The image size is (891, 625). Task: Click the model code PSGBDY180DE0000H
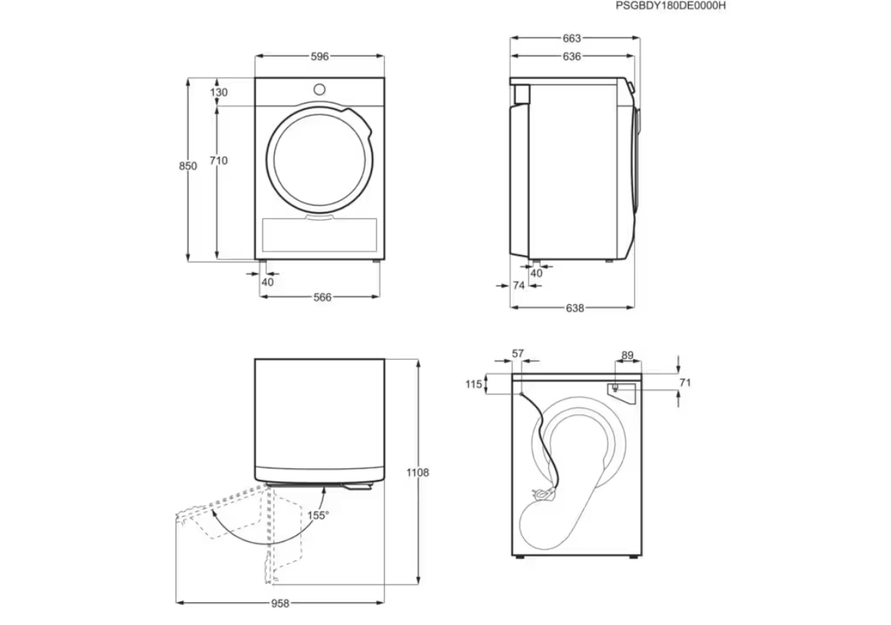[671, 5]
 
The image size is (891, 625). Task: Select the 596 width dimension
[320, 56]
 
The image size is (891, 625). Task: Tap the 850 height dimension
[188, 166]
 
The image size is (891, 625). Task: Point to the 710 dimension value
[219, 160]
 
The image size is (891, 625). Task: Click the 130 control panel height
[219, 92]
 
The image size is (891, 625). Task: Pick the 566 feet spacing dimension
[322, 297]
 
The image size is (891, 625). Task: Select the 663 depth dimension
[572, 38]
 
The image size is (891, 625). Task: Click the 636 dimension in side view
[572, 56]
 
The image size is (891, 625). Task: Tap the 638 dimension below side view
[575, 308]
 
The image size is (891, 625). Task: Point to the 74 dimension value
[518, 285]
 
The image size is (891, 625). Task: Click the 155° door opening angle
[318, 516]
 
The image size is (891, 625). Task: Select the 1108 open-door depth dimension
[417, 472]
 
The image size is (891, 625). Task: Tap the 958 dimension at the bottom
[280, 604]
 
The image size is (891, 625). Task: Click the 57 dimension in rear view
[518, 354]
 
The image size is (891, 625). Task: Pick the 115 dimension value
[474, 384]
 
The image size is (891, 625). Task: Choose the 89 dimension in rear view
[627, 356]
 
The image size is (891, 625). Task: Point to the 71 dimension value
[685, 383]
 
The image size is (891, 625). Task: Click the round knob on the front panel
[320, 89]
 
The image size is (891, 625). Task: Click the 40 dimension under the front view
[268, 282]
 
